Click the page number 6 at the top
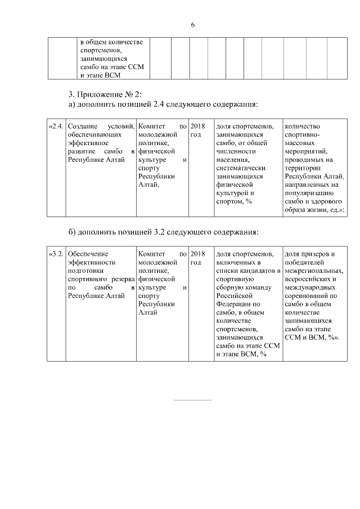click(192, 25)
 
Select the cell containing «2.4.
click(56, 127)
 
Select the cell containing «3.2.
click(56, 254)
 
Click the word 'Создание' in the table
click(82, 127)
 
